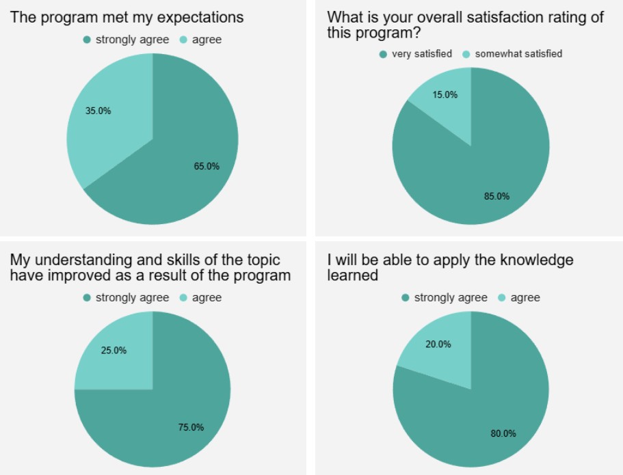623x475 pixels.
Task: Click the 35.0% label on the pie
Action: (x=98, y=111)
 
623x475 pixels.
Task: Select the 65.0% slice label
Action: (x=206, y=166)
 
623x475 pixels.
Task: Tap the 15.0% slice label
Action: (x=445, y=95)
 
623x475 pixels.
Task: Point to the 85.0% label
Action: (x=496, y=196)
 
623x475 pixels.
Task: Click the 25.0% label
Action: (x=114, y=351)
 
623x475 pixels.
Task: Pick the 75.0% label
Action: (x=191, y=427)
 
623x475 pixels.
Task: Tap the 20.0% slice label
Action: (x=438, y=344)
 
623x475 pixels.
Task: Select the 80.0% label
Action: (x=503, y=433)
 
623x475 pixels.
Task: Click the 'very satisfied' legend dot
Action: (x=383, y=54)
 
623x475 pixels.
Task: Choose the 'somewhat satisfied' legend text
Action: (x=518, y=54)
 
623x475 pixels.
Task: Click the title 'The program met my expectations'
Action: (x=127, y=17)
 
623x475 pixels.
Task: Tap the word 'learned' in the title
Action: (x=352, y=275)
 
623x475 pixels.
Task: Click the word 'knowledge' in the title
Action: (x=540, y=260)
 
